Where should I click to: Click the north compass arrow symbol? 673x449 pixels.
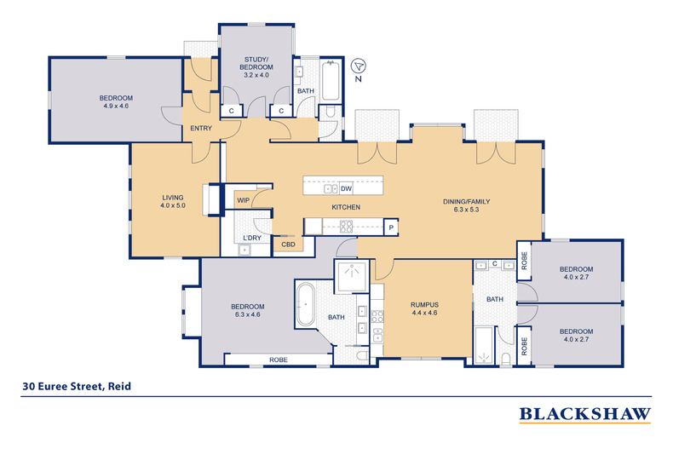tap(358, 66)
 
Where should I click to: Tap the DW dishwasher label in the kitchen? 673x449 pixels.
tap(346, 189)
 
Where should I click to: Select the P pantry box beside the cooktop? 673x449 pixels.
tap(391, 227)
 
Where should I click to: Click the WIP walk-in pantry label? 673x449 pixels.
tap(244, 200)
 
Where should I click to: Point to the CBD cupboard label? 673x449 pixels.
tap(289, 245)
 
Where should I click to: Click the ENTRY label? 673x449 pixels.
tap(201, 128)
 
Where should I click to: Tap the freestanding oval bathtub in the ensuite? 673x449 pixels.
tap(306, 304)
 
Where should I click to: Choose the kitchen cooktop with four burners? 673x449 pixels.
tap(347, 227)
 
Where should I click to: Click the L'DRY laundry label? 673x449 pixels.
tap(252, 238)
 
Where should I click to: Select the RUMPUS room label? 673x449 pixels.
tap(424, 305)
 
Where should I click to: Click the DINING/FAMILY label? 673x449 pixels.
tap(467, 201)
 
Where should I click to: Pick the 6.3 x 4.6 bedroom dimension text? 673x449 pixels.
tap(248, 314)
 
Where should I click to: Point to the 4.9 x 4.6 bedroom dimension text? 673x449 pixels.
tap(116, 106)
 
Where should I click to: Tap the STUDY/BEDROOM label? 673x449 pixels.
tap(256, 63)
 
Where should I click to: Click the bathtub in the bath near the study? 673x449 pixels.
tap(331, 81)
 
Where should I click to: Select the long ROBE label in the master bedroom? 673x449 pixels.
tap(279, 360)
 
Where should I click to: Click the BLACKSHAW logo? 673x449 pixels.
tap(585, 414)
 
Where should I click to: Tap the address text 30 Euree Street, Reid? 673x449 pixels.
tap(77, 386)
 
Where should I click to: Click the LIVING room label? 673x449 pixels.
tap(173, 198)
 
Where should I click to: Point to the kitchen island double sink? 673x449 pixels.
tap(331, 189)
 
